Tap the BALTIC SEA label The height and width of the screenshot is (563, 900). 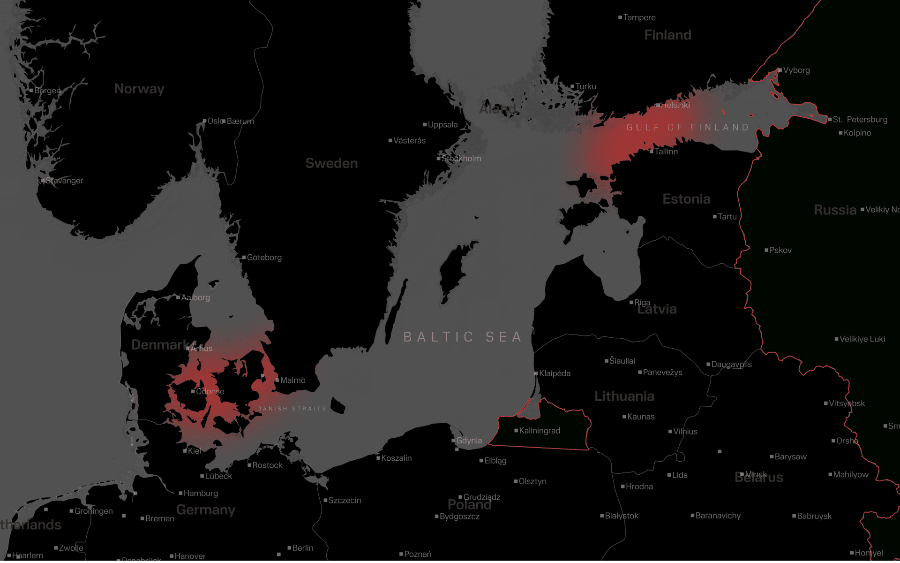point(462,337)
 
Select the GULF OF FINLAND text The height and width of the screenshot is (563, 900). point(687,127)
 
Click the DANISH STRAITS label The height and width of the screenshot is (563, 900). point(292,409)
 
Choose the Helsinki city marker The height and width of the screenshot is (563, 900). point(658,105)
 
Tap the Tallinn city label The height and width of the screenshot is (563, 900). point(666,152)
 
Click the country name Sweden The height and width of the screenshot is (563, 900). point(331,163)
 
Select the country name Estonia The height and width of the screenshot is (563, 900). point(686,199)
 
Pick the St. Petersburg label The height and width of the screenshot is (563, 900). point(859,119)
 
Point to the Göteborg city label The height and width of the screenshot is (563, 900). point(264,258)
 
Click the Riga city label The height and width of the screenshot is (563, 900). point(642,303)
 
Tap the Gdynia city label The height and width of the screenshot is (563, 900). point(469,441)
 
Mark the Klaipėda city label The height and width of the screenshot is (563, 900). point(555,373)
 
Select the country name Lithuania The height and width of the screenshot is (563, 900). point(624,396)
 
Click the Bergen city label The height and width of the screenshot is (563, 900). point(47,91)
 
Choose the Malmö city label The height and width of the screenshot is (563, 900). point(292,380)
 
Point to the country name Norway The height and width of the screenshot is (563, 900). point(139,89)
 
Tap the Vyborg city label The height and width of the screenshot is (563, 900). point(796,70)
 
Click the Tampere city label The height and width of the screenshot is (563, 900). point(639,18)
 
